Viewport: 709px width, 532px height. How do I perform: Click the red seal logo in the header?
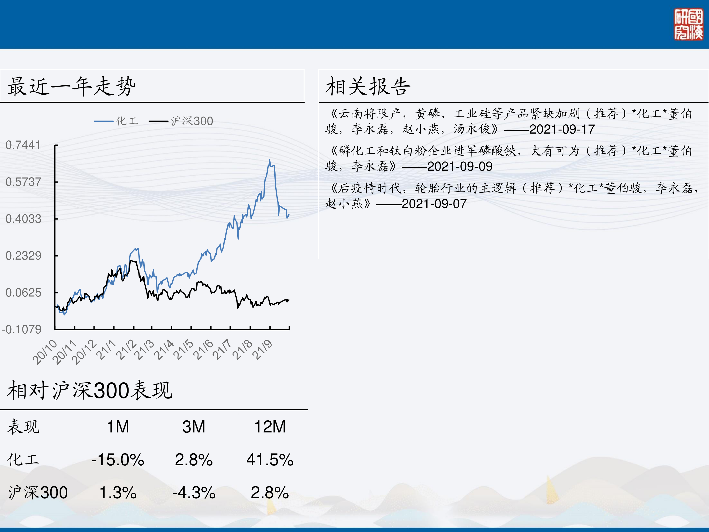tap(688, 24)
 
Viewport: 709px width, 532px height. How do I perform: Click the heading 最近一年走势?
tap(71, 86)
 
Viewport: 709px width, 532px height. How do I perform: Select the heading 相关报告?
tap(368, 86)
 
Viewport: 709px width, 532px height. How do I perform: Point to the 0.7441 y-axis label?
tap(23, 145)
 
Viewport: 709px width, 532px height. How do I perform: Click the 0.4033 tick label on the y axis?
tap(23, 219)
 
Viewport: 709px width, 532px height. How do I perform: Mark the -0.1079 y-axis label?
tap(22, 329)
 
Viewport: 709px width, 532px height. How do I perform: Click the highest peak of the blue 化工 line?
tap(270, 160)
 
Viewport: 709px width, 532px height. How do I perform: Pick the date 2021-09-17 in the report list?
tap(562, 129)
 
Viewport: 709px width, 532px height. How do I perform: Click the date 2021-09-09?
tap(460, 166)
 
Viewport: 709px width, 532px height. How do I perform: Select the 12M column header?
tap(270, 427)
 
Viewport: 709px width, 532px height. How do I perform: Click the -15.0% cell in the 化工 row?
tap(118, 459)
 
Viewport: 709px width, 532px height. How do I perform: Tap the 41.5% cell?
tap(270, 459)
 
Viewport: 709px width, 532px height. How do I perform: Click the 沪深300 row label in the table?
tap(38, 493)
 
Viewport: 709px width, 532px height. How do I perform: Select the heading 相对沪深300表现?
tap(90, 390)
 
